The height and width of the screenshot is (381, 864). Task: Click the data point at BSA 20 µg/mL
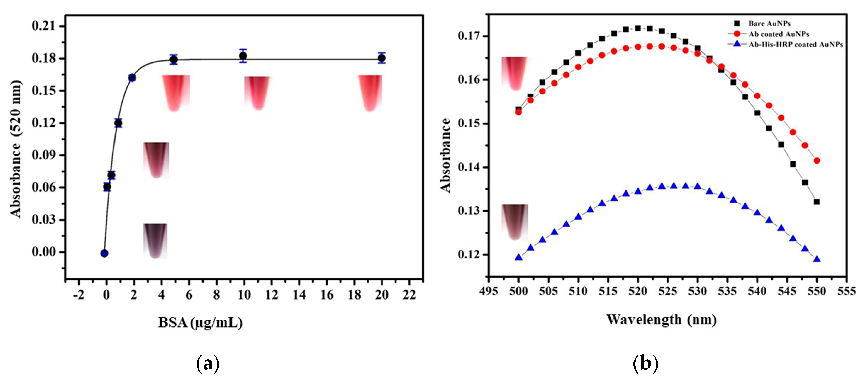[x=381, y=58]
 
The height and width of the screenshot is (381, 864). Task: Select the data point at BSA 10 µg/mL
[x=243, y=56]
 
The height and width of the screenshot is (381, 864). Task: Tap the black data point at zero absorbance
[x=104, y=253]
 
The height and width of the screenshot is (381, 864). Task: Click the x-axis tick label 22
[x=409, y=295]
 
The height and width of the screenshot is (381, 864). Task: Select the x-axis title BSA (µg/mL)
[x=200, y=323]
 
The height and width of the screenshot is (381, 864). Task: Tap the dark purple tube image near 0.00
[x=155, y=240]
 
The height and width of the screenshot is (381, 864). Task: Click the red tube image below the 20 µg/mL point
[x=370, y=93]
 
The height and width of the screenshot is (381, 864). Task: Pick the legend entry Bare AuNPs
[x=769, y=23]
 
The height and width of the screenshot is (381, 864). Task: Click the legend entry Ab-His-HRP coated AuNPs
[x=795, y=45]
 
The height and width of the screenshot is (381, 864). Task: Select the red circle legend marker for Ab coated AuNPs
[x=737, y=34]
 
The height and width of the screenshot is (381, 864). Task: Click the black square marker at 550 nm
[x=817, y=202]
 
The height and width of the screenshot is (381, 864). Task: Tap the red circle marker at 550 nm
[x=817, y=160]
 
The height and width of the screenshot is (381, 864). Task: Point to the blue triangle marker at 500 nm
[x=519, y=257]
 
